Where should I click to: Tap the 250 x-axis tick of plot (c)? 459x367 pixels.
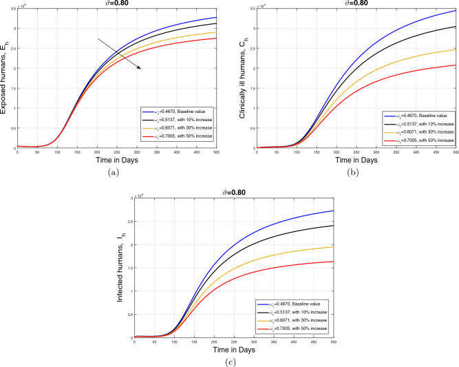pyautogui.click(x=234, y=342)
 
